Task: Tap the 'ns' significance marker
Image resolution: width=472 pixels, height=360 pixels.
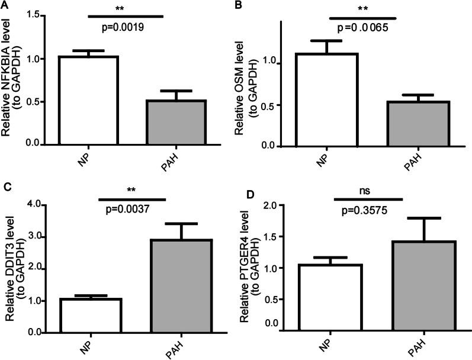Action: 369,191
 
